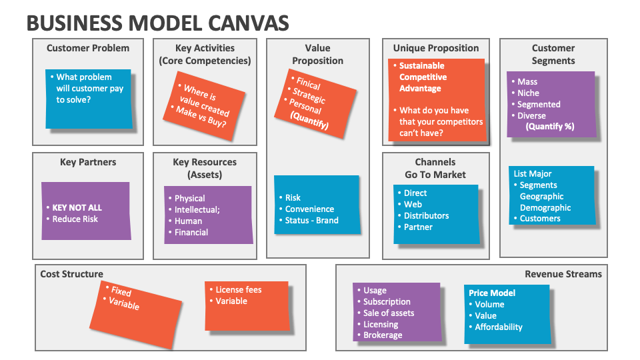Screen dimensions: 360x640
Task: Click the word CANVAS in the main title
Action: point(251,23)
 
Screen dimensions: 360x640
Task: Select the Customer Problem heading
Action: point(88,48)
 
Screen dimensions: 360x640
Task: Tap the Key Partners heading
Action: point(88,162)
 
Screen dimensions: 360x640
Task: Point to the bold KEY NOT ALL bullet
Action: point(77,207)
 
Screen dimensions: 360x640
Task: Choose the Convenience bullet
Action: point(309,209)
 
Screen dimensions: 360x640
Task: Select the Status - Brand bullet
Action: point(311,220)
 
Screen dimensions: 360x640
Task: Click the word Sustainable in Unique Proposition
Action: point(421,66)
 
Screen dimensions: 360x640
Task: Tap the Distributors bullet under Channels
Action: point(426,215)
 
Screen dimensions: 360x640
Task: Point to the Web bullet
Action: point(413,204)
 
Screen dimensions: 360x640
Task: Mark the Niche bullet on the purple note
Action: point(528,93)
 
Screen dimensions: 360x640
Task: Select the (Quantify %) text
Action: point(550,126)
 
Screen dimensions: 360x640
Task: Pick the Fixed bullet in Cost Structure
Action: point(121,291)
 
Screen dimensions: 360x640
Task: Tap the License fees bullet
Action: point(238,290)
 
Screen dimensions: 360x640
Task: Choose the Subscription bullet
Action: point(387,301)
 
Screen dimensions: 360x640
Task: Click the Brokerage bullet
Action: point(383,335)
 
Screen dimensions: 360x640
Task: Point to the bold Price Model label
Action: point(492,293)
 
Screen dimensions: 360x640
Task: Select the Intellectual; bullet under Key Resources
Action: point(197,210)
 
